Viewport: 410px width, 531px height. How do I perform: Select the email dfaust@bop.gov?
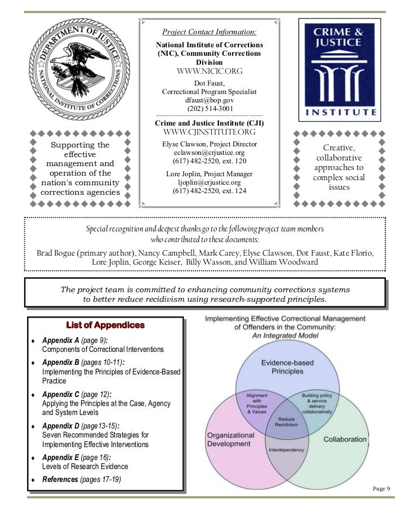[x=210, y=100]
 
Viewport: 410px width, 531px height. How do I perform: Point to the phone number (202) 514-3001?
[x=210, y=109]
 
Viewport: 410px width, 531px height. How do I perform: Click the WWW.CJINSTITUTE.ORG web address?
[x=209, y=132]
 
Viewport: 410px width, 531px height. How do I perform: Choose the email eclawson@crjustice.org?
[x=210, y=153]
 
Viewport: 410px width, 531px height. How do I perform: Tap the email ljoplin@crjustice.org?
[x=210, y=183]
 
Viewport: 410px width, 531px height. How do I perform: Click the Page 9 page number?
[x=382, y=488]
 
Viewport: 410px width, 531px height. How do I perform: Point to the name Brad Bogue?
[x=59, y=252]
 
